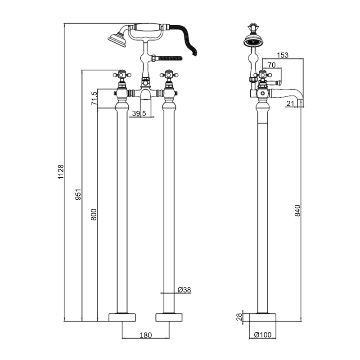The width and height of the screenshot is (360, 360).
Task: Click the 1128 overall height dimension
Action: pyautogui.click(x=61, y=172)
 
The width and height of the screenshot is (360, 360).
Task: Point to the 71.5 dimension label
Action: pyautogui.click(x=94, y=98)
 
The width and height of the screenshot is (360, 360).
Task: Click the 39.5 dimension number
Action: pyautogui.click(x=139, y=114)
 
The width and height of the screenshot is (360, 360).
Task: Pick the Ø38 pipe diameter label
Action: pyautogui.click(x=184, y=290)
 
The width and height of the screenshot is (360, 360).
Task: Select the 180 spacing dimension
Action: pyautogui.click(x=146, y=335)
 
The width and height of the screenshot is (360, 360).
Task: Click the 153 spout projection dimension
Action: pyautogui.click(x=282, y=55)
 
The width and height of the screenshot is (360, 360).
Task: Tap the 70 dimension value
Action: pyautogui.click(x=271, y=65)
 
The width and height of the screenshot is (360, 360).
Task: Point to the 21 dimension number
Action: pyautogui.click(x=290, y=104)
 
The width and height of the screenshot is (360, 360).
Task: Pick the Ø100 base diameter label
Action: pyautogui.click(x=262, y=335)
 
